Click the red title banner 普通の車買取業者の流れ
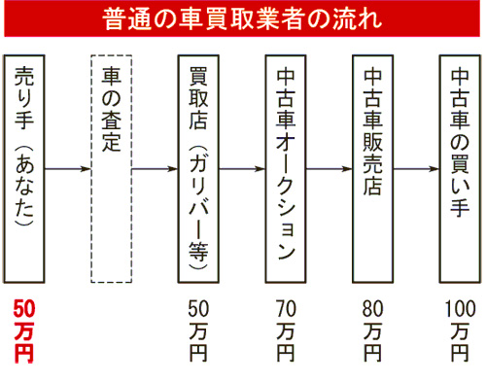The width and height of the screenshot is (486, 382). (x=242, y=18)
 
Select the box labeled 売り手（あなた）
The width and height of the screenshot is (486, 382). (x=24, y=169)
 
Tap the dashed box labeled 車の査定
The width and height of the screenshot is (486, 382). (x=111, y=169)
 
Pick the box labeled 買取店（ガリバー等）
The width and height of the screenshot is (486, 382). (x=198, y=169)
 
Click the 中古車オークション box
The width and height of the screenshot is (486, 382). (x=286, y=169)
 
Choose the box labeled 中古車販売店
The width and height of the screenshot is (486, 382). (x=372, y=169)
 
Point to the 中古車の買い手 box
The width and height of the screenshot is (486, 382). (x=460, y=169)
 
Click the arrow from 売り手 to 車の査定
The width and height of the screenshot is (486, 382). (x=68, y=169)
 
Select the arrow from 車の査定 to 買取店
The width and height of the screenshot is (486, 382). (x=155, y=169)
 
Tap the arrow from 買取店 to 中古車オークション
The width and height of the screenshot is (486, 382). (x=242, y=169)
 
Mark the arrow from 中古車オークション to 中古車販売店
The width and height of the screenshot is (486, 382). (x=330, y=169)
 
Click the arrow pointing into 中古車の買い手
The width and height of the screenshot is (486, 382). (x=416, y=169)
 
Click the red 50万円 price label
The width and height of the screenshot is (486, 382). (x=24, y=330)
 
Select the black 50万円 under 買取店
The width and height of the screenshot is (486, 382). (x=198, y=330)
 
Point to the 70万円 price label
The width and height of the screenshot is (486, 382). (x=286, y=330)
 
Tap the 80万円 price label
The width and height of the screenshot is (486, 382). (x=373, y=330)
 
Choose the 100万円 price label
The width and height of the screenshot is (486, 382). (x=460, y=330)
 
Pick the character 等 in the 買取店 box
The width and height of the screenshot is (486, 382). (x=198, y=251)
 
